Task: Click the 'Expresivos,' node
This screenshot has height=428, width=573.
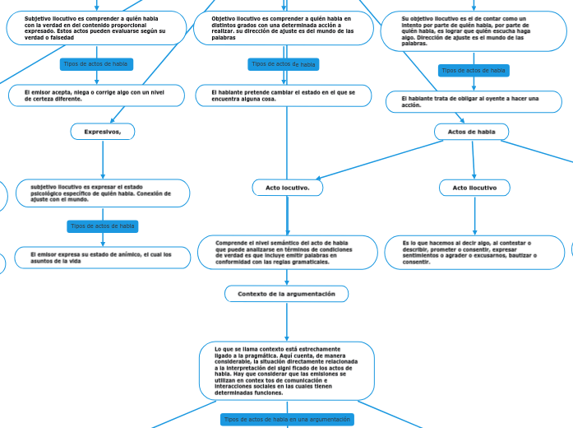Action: coord(103,132)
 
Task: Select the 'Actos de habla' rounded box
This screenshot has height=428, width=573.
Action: coord(471,132)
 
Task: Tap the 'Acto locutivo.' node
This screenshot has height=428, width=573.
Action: coord(287,188)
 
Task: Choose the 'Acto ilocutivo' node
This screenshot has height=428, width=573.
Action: coord(474,188)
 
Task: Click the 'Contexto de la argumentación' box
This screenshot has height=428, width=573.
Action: coord(286,294)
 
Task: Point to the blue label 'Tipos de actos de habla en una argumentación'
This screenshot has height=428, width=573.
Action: coord(287,419)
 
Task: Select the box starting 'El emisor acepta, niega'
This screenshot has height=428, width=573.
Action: coord(97,95)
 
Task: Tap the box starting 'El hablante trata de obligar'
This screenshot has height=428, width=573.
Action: coord(474,101)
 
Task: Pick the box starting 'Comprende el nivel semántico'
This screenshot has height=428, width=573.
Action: coord(287,252)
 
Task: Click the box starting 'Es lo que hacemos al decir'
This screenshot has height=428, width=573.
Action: coord(474,252)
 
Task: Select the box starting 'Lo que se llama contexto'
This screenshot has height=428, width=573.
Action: coord(287,370)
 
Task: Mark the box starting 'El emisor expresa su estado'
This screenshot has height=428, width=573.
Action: coord(103,258)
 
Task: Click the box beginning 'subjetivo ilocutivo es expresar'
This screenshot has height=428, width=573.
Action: coord(103,193)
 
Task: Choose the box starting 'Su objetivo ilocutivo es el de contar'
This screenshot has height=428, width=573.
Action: coord(474,31)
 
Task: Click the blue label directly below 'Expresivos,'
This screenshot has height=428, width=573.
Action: coord(103,226)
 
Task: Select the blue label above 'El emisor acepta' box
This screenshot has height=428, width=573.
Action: coord(96,64)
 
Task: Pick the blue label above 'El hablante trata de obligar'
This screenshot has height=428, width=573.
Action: coord(474,71)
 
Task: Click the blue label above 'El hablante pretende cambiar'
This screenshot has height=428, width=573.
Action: coord(284,64)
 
